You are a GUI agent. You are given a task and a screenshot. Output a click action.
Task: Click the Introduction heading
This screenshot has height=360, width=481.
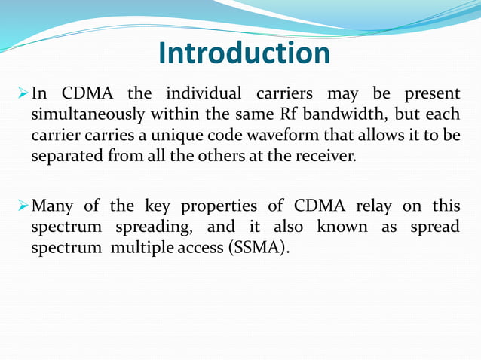tap(244, 53)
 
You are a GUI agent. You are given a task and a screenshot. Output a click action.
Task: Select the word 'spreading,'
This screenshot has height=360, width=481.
tap(142, 227)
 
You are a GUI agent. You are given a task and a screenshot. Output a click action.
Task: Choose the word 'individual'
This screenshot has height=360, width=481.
tap(204, 95)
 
